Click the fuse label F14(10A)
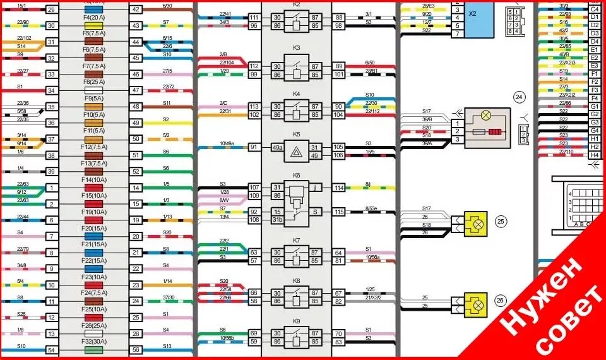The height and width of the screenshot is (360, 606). [94, 179]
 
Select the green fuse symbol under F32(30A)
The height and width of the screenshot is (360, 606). [94, 350]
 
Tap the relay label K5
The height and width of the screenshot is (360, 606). [297, 134]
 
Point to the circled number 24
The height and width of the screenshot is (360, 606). [520, 97]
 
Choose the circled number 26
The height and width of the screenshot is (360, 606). [501, 301]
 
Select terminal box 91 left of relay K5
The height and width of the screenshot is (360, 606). [255, 147]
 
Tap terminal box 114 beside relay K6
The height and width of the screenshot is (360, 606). [339, 188]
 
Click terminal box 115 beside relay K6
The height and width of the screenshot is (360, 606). [339, 212]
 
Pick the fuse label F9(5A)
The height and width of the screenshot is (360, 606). [94, 98]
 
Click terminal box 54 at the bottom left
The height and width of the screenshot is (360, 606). [51, 350]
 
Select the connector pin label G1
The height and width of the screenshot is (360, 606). [594, 107]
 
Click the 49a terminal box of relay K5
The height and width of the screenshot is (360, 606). [276, 147]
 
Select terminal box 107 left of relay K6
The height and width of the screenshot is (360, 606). [255, 188]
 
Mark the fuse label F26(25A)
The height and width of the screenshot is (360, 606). [94, 326]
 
